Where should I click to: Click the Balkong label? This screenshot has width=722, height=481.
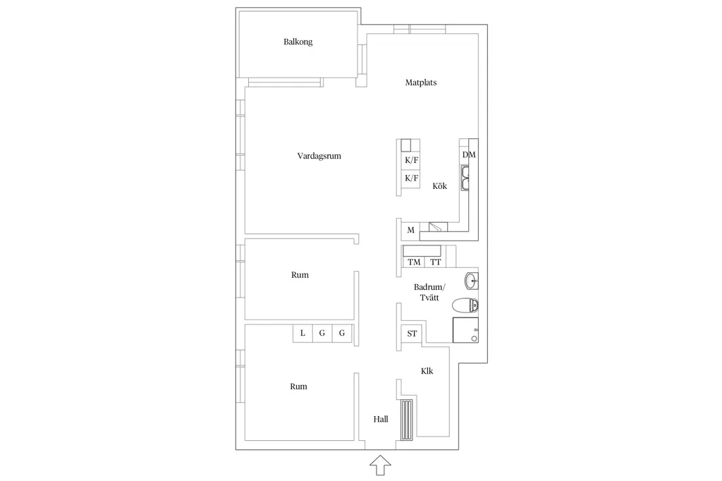point(298,42)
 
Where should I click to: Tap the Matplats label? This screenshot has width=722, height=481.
point(421,83)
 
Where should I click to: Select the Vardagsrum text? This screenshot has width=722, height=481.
point(319,156)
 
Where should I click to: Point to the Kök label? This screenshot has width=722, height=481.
point(440,186)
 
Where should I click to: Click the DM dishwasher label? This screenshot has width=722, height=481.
point(469,154)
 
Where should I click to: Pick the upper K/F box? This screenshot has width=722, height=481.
point(410,160)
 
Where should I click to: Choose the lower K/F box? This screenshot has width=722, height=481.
point(410,178)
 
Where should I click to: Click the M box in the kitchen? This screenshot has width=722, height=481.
point(410,230)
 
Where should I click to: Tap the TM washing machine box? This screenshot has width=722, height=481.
point(414,262)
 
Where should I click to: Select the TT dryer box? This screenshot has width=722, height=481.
point(436,262)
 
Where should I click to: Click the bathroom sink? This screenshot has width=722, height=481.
point(472,281)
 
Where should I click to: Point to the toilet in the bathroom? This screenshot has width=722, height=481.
point(465,305)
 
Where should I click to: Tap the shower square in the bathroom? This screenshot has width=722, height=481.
point(465,330)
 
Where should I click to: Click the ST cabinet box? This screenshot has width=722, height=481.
point(412,334)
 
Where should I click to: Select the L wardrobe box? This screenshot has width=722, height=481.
point(302,333)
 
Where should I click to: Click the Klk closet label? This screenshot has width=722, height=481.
point(427,371)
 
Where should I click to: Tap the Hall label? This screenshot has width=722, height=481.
point(381,419)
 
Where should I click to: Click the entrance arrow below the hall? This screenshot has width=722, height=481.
point(380,465)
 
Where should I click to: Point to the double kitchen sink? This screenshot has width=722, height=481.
point(465,178)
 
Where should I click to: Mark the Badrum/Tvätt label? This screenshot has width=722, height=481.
point(429,293)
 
